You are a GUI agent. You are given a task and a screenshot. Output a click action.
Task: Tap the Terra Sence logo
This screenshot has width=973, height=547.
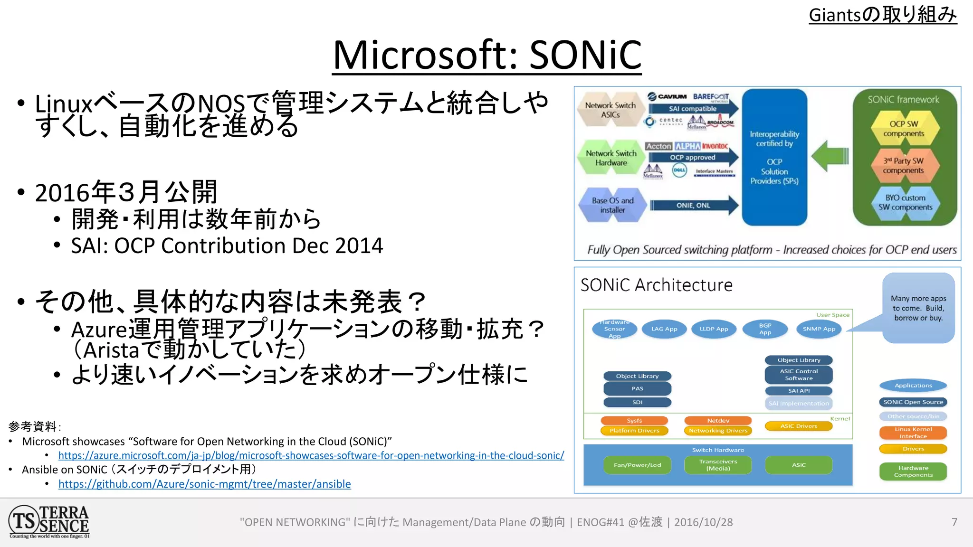(x=49, y=521)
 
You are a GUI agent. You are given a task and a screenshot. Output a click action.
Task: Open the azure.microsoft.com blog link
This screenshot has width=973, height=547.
(x=311, y=455)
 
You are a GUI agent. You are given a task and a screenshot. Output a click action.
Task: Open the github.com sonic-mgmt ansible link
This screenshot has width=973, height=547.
(x=204, y=484)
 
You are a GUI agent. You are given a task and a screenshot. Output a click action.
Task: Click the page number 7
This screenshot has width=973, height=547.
(x=954, y=522)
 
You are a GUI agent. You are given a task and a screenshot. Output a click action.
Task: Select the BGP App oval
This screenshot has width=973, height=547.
(x=765, y=329)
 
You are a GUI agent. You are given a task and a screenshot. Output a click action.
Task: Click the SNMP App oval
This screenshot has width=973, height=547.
(x=819, y=329)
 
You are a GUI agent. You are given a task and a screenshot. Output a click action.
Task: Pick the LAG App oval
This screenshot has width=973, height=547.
(x=664, y=329)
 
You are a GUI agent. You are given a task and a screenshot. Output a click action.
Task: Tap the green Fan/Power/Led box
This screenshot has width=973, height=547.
(x=637, y=465)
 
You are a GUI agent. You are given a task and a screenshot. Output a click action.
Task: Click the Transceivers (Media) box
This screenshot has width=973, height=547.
(x=718, y=465)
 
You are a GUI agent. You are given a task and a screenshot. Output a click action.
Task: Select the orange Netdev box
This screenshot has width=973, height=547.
(x=718, y=421)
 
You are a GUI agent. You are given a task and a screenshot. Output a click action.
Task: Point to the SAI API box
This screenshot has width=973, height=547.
(x=799, y=391)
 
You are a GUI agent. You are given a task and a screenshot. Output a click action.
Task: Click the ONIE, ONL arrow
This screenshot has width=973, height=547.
(x=694, y=206)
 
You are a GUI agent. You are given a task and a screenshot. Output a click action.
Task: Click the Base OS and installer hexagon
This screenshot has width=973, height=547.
(x=612, y=205)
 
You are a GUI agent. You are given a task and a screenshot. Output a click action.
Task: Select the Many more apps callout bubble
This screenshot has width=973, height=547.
(x=918, y=308)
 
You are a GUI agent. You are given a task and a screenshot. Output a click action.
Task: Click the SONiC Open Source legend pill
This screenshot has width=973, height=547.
(x=913, y=402)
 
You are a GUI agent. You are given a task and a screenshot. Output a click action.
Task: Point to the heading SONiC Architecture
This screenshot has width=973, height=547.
(x=656, y=285)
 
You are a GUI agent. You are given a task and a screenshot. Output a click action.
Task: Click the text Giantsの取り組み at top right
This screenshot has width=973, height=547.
(x=883, y=15)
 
